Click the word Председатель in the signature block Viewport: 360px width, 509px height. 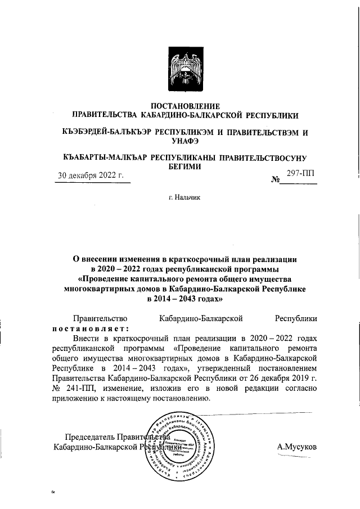coord(89,436)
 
